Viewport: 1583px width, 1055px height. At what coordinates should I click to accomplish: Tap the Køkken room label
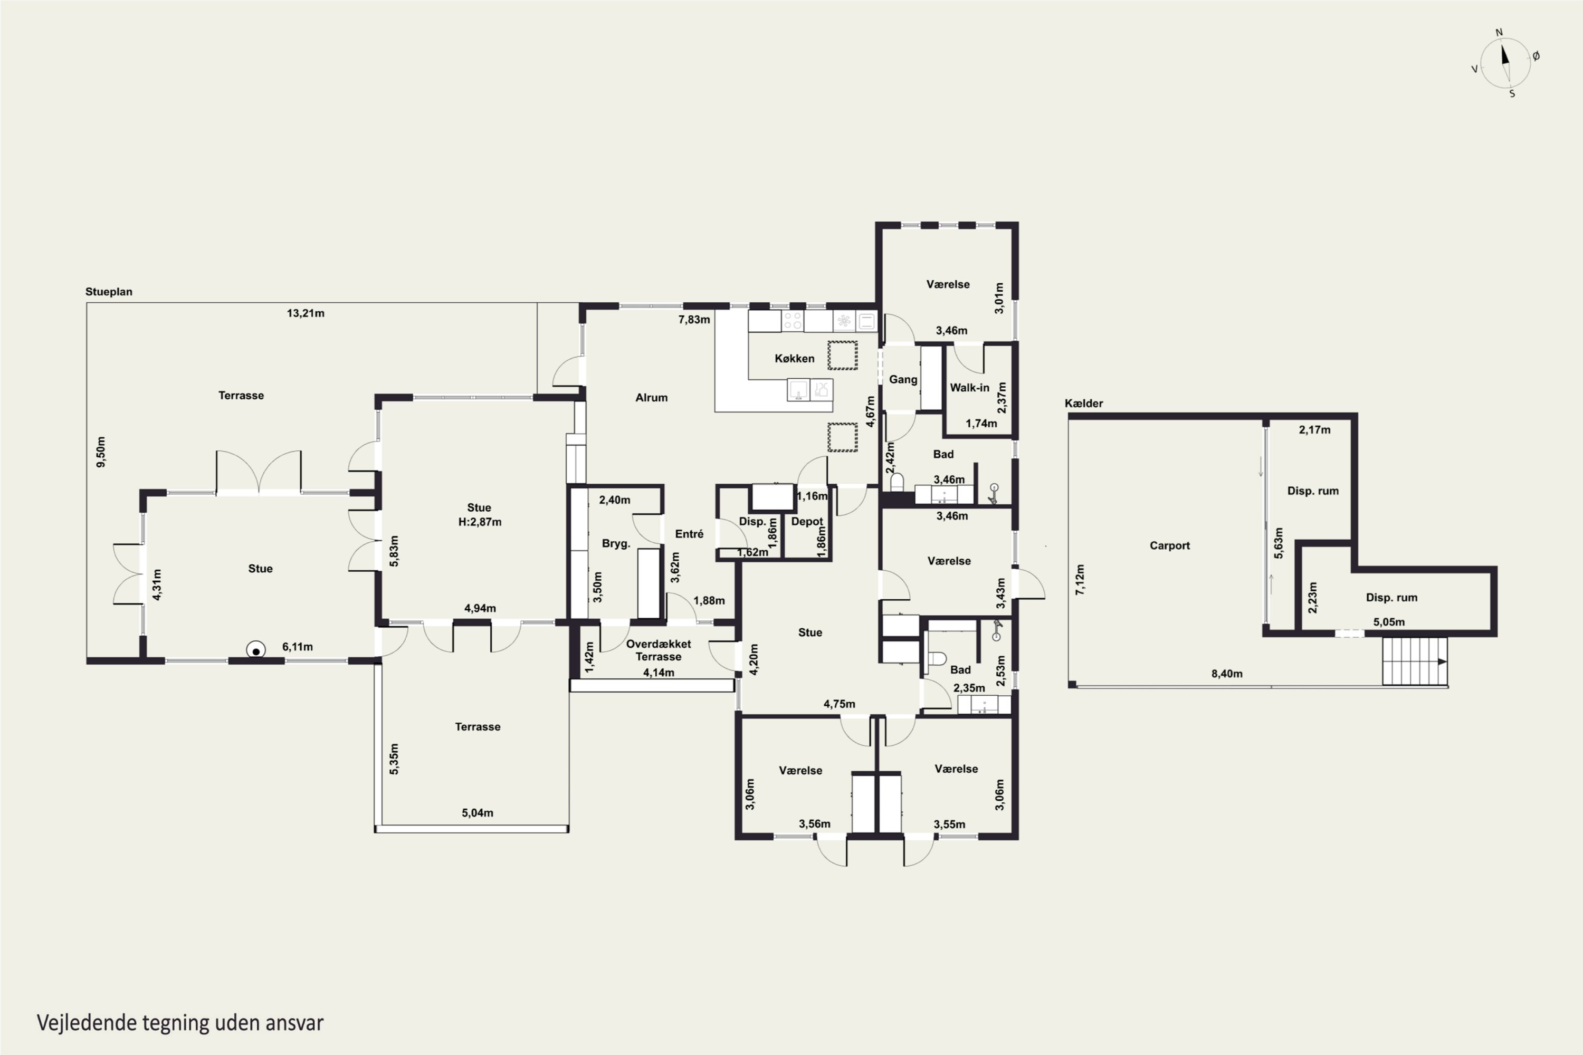coord(794,359)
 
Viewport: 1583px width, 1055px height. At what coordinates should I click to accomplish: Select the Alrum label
coord(652,398)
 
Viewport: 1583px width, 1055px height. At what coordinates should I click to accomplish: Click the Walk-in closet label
coord(969,388)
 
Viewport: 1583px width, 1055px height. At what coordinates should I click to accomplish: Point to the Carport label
coord(1169,545)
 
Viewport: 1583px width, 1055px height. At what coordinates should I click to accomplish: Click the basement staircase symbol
coord(1415,661)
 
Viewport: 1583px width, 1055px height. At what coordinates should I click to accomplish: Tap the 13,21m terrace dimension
coord(306,313)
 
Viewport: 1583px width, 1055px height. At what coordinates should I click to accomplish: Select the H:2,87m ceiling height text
coord(480,522)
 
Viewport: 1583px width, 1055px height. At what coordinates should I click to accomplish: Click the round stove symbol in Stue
coord(256,650)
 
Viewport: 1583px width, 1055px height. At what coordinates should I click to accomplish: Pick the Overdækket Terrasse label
coord(658,650)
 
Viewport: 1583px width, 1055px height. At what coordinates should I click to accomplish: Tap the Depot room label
coord(807,522)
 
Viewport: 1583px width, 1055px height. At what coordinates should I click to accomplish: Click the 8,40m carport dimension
coord(1227,674)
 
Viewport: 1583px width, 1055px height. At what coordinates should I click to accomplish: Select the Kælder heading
coord(1084,403)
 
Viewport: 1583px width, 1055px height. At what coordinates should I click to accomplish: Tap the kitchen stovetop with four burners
coord(793,320)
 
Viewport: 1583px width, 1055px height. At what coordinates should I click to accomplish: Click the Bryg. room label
coord(616,544)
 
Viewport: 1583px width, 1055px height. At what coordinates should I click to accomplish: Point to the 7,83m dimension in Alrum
coord(694,320)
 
